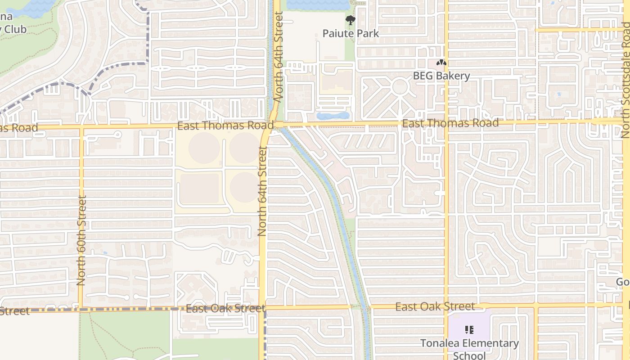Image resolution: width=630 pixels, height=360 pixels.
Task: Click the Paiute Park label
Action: tap(351, 34)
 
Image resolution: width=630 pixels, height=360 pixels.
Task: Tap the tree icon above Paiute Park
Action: tap(351, 20)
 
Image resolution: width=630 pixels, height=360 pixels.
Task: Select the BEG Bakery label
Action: tap(441, 76)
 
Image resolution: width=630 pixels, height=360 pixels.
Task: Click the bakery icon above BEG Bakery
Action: tap(441, 63)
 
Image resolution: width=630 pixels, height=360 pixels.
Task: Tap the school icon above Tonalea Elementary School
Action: tap(469, 330)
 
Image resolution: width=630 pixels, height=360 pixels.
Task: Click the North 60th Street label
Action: tap(81, 241)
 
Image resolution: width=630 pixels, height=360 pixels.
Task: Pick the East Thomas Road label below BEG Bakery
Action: tap(450, 123)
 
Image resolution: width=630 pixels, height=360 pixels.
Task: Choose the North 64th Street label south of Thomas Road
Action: tap(263, 191)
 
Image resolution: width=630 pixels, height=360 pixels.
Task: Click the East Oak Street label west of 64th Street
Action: tap(225, 309)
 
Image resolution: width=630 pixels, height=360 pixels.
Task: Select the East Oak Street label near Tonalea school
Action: tap(435, 307)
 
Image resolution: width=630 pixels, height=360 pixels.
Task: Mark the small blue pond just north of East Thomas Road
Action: tap(333, 116)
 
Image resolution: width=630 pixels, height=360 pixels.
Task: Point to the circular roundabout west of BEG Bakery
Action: tap(400, 86)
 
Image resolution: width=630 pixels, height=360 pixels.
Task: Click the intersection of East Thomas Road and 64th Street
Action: tap(274, 125)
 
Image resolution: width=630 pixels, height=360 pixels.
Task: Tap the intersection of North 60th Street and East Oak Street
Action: tap(81, 309)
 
